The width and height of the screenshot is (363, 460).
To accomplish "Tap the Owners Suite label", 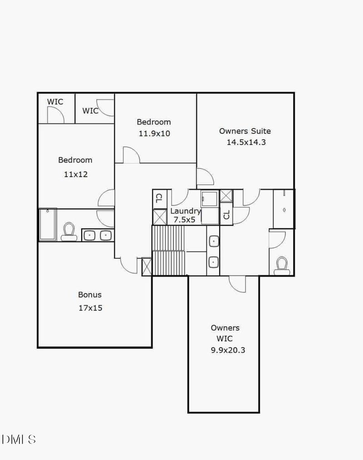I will [245, 131].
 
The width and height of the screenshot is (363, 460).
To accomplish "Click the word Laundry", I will [185, 211].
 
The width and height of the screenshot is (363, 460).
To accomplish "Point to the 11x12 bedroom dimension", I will [75, 174].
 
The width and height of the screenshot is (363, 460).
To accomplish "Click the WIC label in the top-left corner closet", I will [55, 102].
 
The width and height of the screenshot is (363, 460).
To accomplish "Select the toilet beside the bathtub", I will [69, 231].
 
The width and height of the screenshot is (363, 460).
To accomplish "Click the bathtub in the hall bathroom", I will [47, 224].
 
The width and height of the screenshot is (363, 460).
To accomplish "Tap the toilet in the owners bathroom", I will [282, 265].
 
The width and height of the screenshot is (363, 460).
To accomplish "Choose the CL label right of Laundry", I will [226, 216].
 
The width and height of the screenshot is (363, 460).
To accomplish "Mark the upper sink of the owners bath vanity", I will [213, 242].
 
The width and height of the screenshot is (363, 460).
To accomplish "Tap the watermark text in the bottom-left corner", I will [19, 439].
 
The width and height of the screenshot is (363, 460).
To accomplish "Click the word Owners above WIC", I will [225, 328].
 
